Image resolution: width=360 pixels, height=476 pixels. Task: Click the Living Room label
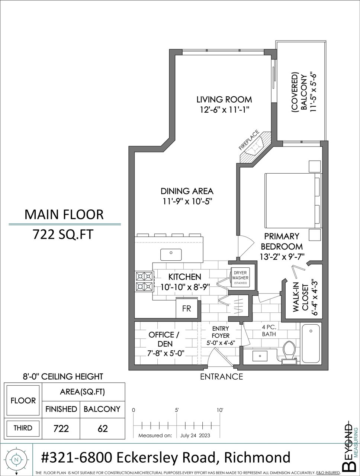click(224, 100)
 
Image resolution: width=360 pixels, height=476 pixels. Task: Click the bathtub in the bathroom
click(311, 344)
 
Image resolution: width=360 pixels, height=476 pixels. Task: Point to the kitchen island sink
click(171, 255)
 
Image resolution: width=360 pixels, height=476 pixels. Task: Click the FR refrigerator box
click(186, 308)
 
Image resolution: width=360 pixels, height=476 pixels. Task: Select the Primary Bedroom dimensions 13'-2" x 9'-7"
click(282, 257)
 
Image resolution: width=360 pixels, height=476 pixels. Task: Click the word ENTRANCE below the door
click(221, 377)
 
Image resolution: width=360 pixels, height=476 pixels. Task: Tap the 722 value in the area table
click(61, 428)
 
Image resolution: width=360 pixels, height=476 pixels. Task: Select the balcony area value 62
click(103, 428)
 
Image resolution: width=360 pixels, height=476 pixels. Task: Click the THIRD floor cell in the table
click(23, 428)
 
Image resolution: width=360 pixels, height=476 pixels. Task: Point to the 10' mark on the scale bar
click(220, 410)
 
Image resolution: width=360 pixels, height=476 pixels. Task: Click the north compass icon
click(16, 460)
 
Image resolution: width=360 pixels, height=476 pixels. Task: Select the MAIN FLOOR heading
click(64, 215)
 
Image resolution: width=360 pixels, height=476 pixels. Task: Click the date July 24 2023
click(195, 435)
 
